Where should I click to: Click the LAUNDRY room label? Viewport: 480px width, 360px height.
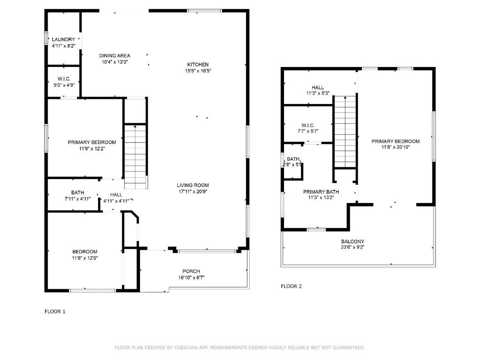point(63,39)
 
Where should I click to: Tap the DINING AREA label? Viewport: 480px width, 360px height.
point(114,56)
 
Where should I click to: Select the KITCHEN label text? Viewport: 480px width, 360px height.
point(198,65)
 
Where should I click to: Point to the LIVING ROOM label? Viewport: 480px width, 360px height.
point(193,185)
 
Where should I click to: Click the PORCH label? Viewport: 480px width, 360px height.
point(191,271)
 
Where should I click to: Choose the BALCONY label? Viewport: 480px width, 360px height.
point(352,241)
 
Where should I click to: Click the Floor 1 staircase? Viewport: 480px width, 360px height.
point(135,156)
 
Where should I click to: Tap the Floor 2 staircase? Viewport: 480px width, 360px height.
point(345,132)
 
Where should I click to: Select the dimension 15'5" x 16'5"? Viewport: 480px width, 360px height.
point(198,71)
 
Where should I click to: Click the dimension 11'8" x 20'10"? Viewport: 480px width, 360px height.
point(396,147)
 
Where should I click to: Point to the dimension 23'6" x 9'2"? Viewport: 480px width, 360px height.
point(352,247)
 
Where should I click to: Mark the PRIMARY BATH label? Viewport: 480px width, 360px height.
point(321,192)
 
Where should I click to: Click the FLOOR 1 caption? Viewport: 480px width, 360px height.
point(55,312)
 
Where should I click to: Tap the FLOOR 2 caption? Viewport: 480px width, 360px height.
point(291,286)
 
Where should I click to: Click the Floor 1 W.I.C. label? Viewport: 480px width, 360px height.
point(64,79)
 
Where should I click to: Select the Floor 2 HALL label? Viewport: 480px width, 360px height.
point(318,88)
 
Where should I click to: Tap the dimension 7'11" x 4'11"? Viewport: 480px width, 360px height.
point(77,199)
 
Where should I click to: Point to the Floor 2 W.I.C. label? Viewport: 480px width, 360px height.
point(308,126)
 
